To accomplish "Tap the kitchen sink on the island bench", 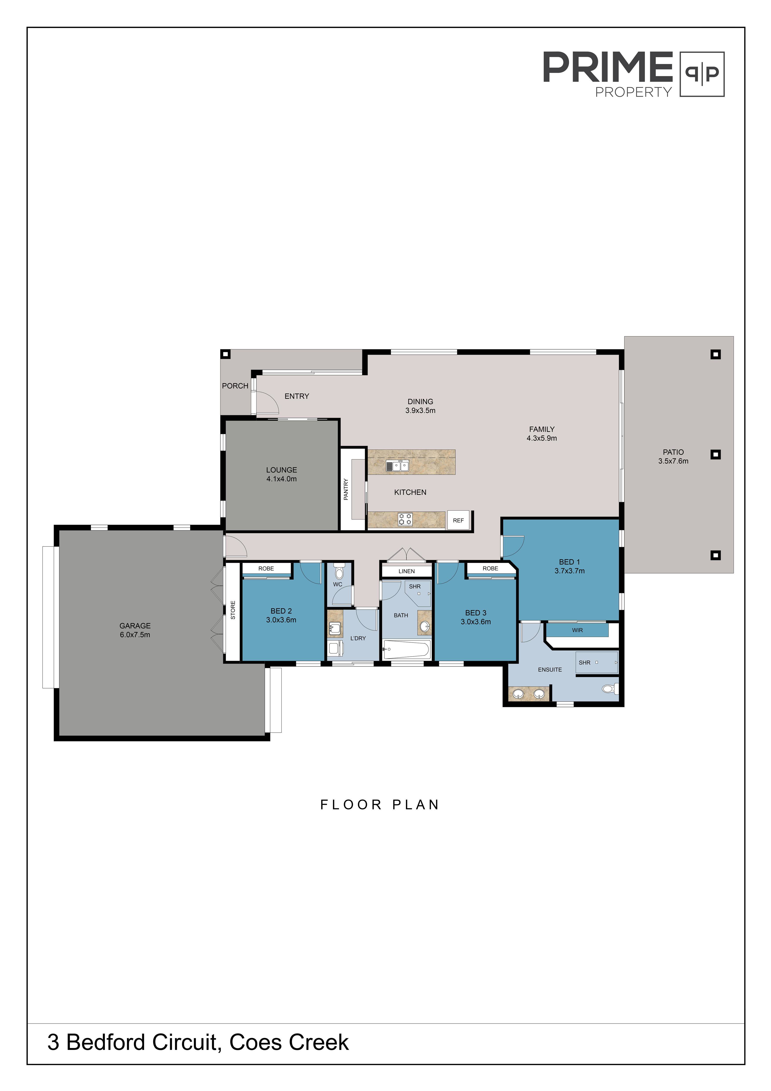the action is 397,466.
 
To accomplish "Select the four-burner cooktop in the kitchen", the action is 405,519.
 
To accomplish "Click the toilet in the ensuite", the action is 609,688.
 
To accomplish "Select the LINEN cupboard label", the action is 407,571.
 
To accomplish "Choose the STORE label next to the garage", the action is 233,610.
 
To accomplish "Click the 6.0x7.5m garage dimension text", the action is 135,635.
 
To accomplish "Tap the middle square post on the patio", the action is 715,454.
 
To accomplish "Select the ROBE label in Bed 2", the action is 266,568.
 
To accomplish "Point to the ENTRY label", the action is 297,396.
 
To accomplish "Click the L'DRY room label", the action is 358,638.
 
